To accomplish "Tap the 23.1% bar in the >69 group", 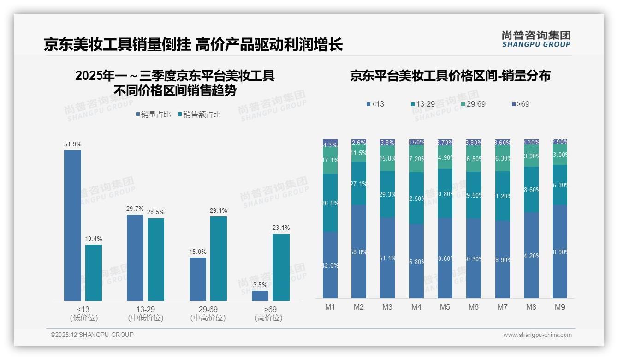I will click(x=281, y=267).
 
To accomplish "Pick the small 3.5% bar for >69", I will click(x=260, y=295).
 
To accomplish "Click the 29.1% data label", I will click(x=219, y=211).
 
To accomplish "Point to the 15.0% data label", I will click(x=198, y=252).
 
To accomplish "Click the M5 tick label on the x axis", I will click(x=445, y=307).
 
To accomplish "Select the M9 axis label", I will click(x=559, y=307).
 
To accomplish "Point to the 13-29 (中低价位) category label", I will click(x=145, y=313).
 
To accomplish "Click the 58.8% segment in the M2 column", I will click(x=359, y=252).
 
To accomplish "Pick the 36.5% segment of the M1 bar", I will click(x=330, y=202).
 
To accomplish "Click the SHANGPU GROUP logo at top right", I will click(x=536, y=39).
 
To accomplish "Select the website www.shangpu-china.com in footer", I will click(x=537, y=335).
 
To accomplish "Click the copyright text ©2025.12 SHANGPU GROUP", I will click(x=92, y=335).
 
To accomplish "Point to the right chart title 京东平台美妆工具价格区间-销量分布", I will click(x=450, y=76).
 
